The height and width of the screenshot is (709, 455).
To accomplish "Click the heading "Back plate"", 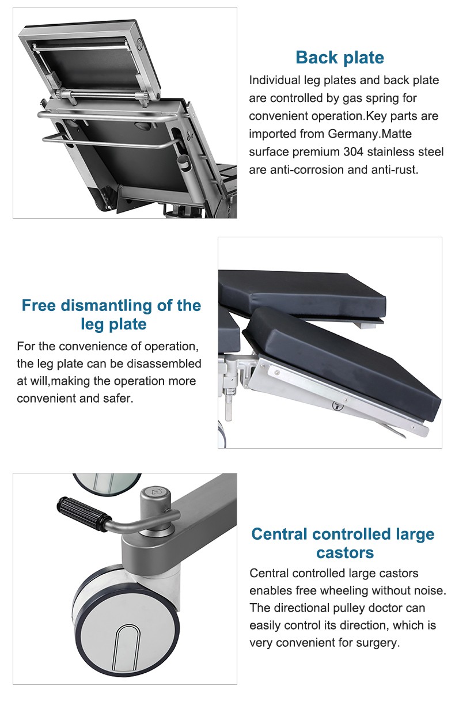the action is [340, 58].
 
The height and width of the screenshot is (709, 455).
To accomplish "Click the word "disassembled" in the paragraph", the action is [164, 363].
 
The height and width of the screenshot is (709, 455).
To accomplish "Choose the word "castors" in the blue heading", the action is [345, 553].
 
